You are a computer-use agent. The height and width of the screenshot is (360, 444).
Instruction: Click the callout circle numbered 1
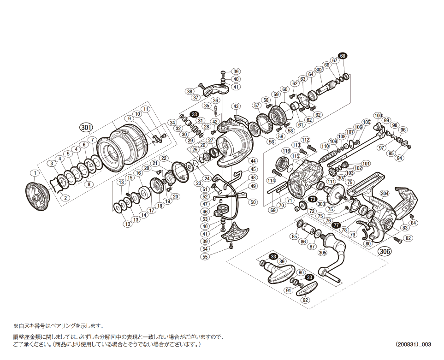click(x=34, y=173)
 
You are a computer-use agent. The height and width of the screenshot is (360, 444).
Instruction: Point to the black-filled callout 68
click(x=342, y=56)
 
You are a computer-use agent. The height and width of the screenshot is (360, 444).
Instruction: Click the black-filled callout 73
click(x=313, y=199)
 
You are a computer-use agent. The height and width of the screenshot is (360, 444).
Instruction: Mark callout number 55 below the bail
click(x=205, y=257)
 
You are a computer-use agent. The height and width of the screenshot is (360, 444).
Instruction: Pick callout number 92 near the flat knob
click(x=305, y=300)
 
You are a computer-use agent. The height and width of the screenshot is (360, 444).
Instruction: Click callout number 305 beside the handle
click(x=322, y=252)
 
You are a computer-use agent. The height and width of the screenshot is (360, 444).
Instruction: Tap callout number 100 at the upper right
click(x=378, y=115)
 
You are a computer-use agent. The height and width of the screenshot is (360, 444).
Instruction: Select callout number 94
click(x=399, y=158)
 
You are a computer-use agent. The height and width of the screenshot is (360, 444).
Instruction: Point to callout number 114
click(x=271, y=180)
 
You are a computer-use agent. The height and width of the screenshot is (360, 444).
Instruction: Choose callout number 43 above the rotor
click(x=236, y=106)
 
